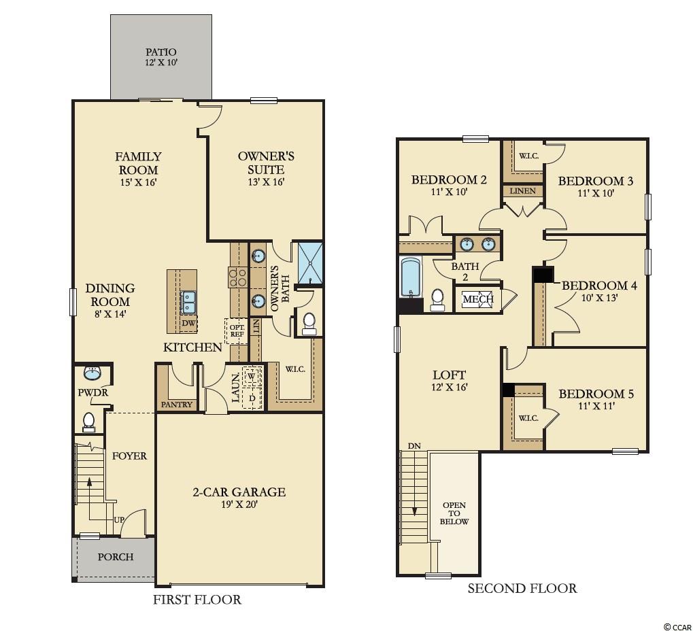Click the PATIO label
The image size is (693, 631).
[161, 52]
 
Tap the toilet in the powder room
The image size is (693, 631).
[89, 422]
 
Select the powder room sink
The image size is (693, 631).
[92, 373]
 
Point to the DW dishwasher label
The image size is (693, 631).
[188, 323]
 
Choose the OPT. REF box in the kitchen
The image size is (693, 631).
[237, 331]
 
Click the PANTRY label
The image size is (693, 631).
[176, 405]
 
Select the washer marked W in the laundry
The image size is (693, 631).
[252, 376]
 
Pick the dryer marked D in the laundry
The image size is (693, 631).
[252, 398]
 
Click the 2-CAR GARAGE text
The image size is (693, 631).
[239, 492]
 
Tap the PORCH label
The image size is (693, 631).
[116, 557]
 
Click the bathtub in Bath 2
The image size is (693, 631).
[411, 277]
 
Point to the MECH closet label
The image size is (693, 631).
[478, 299]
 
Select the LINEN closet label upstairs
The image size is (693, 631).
[523, 191]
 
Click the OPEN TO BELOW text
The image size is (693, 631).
[454, 513]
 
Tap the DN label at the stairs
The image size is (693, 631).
[414, 446]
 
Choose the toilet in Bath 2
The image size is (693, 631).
[437, 300]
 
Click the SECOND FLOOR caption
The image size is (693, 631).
[522, 588]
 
